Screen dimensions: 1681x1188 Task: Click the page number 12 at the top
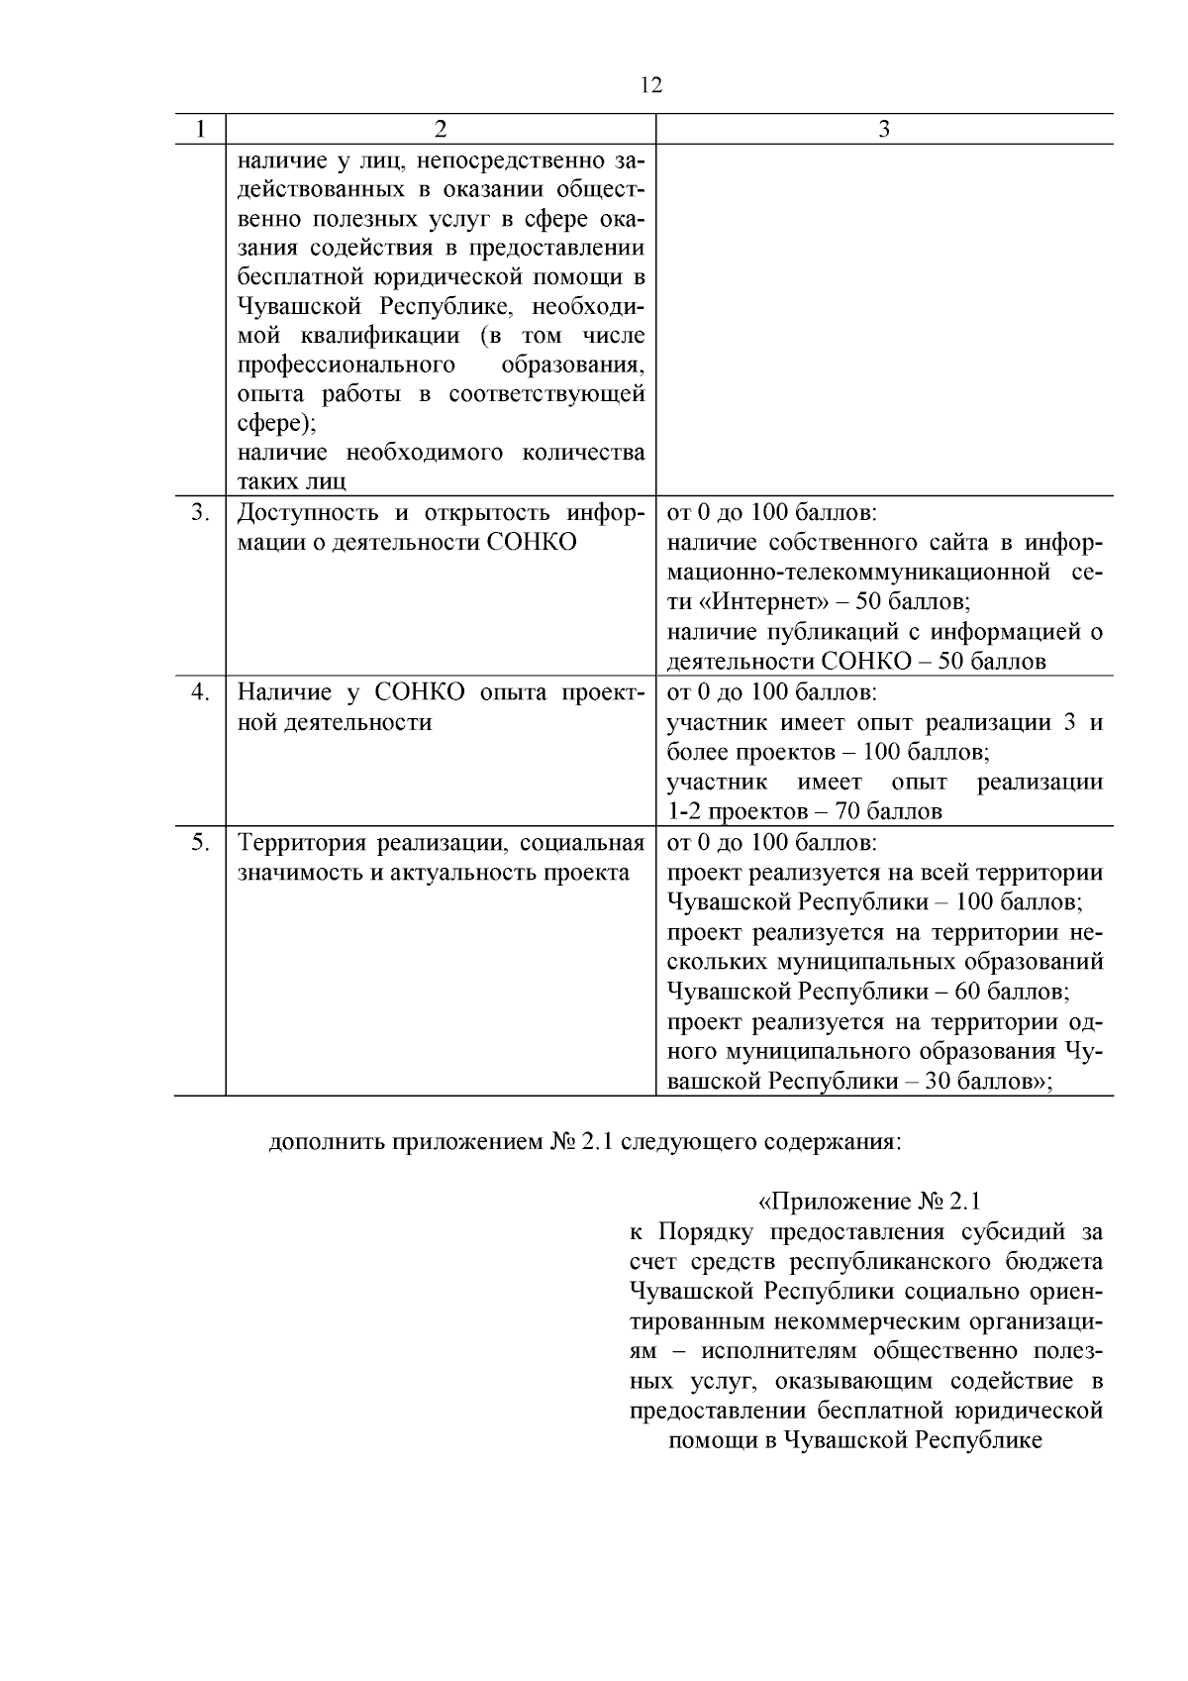pos(650,85)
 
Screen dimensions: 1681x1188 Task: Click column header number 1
pos(201,129)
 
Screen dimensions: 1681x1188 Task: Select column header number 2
pos(441,129)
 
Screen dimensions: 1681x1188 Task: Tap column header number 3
pos(884,129)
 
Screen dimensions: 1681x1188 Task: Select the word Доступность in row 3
pos(308,513)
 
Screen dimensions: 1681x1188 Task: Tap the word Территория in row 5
pos(300,843)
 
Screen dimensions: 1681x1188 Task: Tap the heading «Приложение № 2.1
pos(868,1202)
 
